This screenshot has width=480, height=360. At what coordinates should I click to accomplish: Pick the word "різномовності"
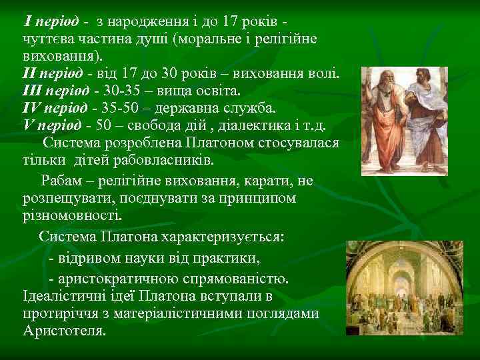point(72,216)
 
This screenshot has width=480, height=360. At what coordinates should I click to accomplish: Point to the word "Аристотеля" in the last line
point(63,331)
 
